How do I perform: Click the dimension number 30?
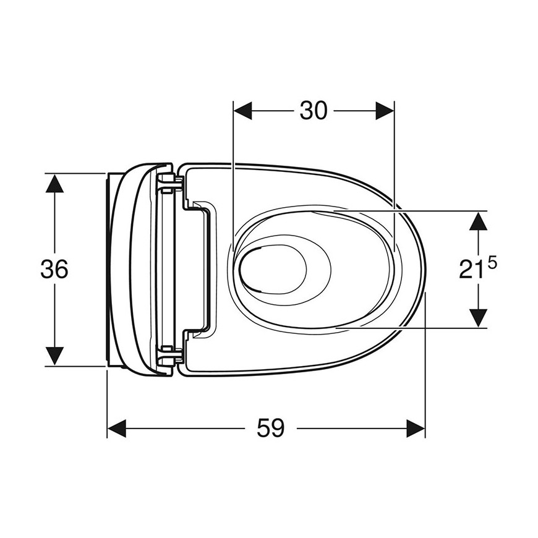(314, 111)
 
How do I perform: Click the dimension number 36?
(54, 269)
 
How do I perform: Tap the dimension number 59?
(271, 428)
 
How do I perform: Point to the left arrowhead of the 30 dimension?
(242, 111)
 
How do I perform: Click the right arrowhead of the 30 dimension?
(385, 111)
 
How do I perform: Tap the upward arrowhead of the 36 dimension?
(54, 183)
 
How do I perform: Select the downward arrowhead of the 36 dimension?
(54, 356)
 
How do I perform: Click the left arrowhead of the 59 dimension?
(117, 428)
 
